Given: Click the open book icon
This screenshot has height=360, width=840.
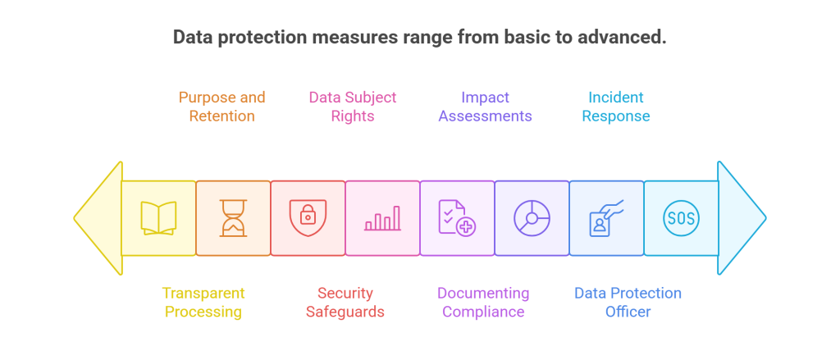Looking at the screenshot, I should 158,218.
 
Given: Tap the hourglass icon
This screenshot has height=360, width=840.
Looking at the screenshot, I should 233,218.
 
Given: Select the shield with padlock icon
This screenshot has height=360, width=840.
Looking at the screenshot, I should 308,216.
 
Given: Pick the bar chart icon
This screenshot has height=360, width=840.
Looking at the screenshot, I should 382,218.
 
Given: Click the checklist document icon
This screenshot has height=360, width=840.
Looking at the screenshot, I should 457,218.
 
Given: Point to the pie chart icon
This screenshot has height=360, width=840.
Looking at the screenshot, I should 532,218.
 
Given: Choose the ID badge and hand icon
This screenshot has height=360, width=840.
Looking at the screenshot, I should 606,218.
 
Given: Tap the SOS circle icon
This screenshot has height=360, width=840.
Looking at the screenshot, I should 681,218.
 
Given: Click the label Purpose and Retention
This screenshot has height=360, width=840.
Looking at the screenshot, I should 222,107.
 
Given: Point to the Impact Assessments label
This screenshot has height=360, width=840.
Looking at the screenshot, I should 485,107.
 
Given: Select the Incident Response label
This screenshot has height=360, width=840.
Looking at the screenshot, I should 616,107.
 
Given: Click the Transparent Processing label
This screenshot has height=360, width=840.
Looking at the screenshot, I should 203,302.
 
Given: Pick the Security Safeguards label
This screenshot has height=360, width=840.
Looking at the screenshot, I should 345,302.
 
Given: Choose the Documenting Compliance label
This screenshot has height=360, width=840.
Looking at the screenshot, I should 482,302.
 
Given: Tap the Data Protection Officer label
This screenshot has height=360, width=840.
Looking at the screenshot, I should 628,302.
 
